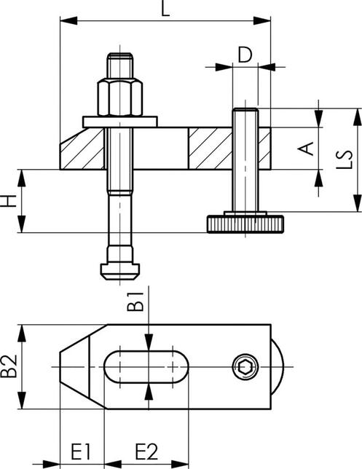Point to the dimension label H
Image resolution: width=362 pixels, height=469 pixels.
[10, 201]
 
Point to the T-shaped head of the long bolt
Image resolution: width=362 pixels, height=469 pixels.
[118, 264]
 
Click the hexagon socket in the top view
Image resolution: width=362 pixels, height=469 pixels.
[245, 368]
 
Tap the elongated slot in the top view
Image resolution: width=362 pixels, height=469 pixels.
[145, 368]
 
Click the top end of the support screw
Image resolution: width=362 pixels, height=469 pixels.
[245, 111]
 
